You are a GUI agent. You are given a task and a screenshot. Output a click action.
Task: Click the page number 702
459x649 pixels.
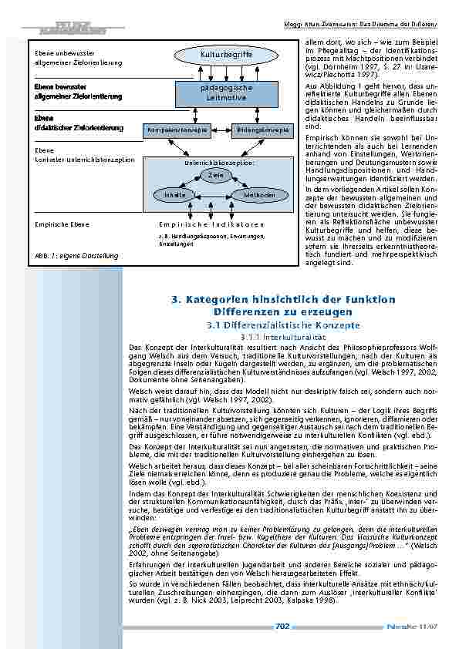tap(282, 627)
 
